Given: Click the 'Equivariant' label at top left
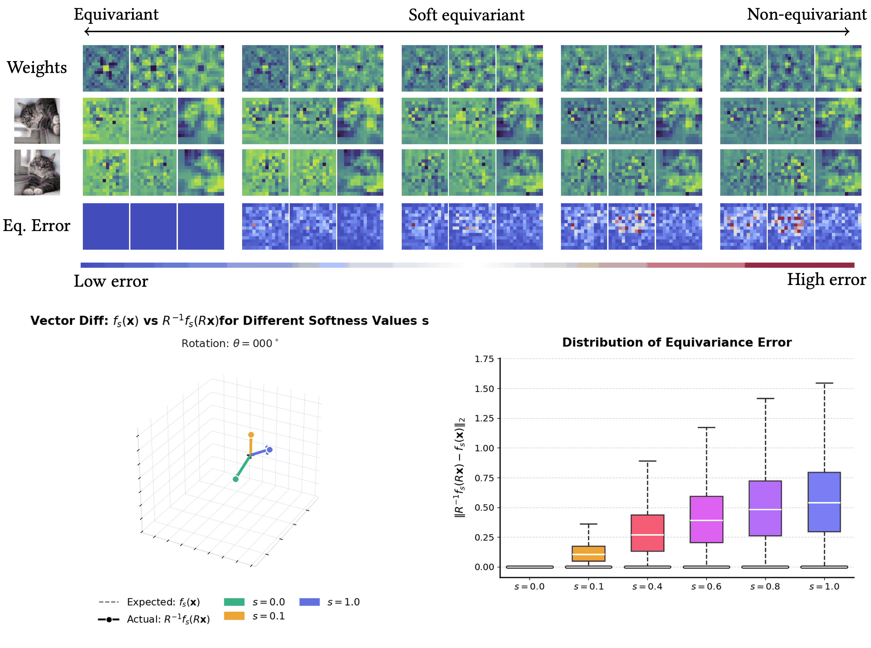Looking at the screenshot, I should pyautogui.click(x=116, y=15).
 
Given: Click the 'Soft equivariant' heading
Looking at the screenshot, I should pyautogui.click(x=466, y=15).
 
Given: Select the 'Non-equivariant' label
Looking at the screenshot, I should pyautogui.click(x=806, y=15).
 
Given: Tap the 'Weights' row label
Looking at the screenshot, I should pyautogui.click(x=37, y=68).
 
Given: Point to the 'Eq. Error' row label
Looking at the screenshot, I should pyautogui.click(x=37, y=226).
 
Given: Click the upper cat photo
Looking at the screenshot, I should pyautogui.click(x=37, y=120).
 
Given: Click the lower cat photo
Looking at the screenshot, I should pyautogui.click(x=37, y=172).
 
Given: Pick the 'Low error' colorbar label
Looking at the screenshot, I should pyautogui.click(x=111, y=281).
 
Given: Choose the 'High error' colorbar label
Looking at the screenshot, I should pyautogui.click(x=826, y=280).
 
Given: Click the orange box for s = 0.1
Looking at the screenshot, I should pyautogui.click(x=588, y=553).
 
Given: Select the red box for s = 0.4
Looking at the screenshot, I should pyautogui.click(x=647, y=533).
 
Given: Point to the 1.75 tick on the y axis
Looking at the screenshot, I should pyautogui.click(x=484, y=359).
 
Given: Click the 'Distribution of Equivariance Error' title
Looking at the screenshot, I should pyautogui.click(x=676, y=342).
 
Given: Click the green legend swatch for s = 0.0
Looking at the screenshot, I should pyautogui.click(x=234, y=602).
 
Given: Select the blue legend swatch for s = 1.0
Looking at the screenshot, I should pyautogui.click(x=309, y=602).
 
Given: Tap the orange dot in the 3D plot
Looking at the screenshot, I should pyautogui.click(x=251, y=435).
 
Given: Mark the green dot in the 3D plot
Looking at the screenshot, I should pyautogui.click(x=236, y=479).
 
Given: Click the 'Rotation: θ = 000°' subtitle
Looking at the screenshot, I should pyautogui.click(x=230, y=343).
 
